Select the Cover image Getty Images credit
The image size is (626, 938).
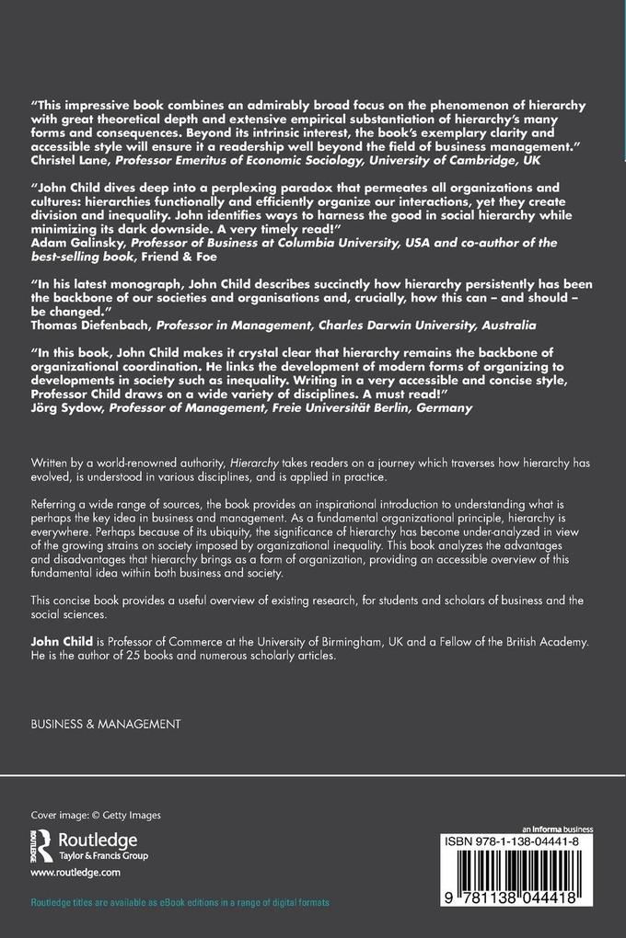pos(83,815)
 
